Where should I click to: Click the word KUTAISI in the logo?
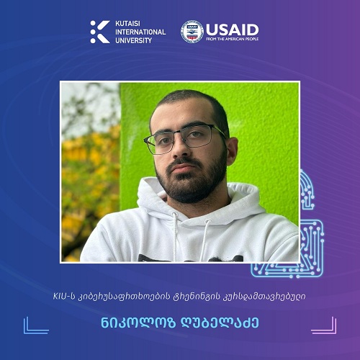click(x=127, y=24)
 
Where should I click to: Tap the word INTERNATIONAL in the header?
click(x=140, y=32)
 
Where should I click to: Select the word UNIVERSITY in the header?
click(x=133, y=40)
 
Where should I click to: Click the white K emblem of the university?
click(x=100, y=32)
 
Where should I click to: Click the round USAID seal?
click(x=192, y=32)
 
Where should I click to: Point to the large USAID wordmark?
click(x=232, y=30)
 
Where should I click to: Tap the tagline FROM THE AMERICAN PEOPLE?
click(x=232, y=39)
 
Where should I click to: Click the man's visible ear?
click(x=232, y=151)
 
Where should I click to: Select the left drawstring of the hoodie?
click(x=175, y=236)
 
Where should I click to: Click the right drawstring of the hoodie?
click(x=204, y=240)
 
